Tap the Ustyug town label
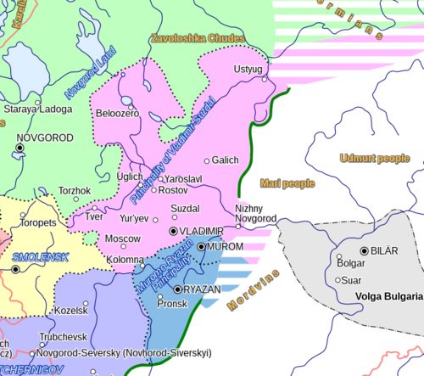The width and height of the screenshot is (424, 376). click(x=248, y=68)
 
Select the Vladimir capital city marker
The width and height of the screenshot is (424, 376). click(x=174, y=231)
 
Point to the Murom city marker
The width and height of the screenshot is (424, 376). click(x=201, y=246)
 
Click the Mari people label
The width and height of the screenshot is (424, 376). click(x=287, y=182)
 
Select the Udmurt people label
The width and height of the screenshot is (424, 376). click(x=374, y=158)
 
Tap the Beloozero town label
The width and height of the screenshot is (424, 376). click(x=118, y=113)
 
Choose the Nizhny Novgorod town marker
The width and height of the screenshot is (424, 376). click(x=238, y=226)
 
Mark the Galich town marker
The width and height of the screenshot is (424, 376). click(x=207, y=160)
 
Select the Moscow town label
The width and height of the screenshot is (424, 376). click(x=122, y=239)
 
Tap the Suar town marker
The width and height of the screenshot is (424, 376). click(x=338, y=279)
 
